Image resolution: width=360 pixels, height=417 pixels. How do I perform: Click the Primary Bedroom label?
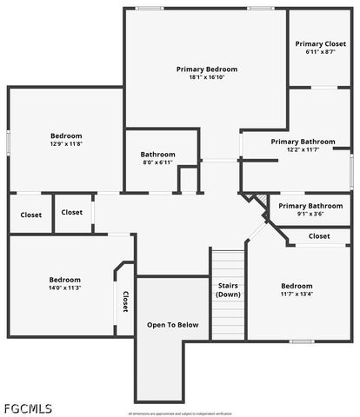(x=207, y=69)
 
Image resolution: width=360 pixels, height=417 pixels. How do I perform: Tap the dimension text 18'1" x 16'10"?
(x=207, y=77)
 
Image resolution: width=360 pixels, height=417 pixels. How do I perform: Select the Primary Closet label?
(x=320, y=43)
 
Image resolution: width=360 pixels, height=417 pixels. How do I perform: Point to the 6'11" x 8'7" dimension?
(x=320, y=52)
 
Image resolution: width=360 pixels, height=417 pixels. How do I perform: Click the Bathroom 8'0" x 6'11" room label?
(x=158, y=155)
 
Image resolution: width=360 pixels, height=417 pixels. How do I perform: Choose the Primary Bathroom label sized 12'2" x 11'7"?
(x=303, y=142)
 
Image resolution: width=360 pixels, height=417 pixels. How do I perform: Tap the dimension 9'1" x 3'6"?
(x=311, y=215)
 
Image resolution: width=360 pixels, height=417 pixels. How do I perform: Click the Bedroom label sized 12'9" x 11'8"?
(x=66, y=136)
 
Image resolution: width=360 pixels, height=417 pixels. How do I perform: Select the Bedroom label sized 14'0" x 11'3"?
(x=65, y=280)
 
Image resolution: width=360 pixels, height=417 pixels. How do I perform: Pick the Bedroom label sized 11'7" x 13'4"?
(x=297, y=286)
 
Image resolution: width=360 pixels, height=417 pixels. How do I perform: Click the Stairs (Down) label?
(x=229, y=289)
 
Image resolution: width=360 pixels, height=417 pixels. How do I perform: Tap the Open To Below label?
(x=172, y=325)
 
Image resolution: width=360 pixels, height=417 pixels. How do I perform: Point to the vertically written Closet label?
(x=125, y=301)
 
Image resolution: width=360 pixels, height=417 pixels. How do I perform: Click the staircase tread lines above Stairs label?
(x=229, y=262)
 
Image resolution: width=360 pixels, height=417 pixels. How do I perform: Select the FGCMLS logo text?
(x=28, y=407)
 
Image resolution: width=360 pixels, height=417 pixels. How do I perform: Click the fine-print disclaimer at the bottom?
(x=180, y=414)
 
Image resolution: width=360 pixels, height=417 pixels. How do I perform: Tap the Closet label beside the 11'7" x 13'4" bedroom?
(x=319, y=236)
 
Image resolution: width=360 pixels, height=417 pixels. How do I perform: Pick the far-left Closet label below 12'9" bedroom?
(x=30, y=215)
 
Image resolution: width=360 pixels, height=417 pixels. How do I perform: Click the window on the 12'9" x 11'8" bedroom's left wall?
(x=9, y=140)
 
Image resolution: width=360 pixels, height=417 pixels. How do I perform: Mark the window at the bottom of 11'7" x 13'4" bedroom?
(x=298, y=341)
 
